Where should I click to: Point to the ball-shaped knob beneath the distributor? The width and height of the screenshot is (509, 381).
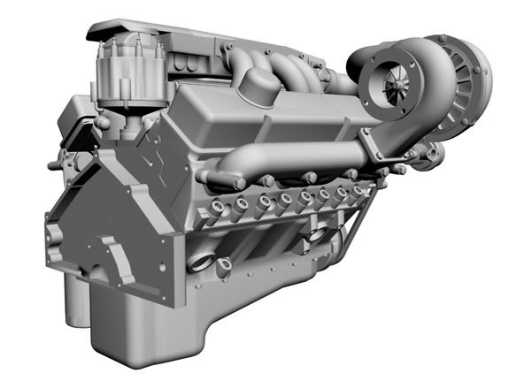105,119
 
